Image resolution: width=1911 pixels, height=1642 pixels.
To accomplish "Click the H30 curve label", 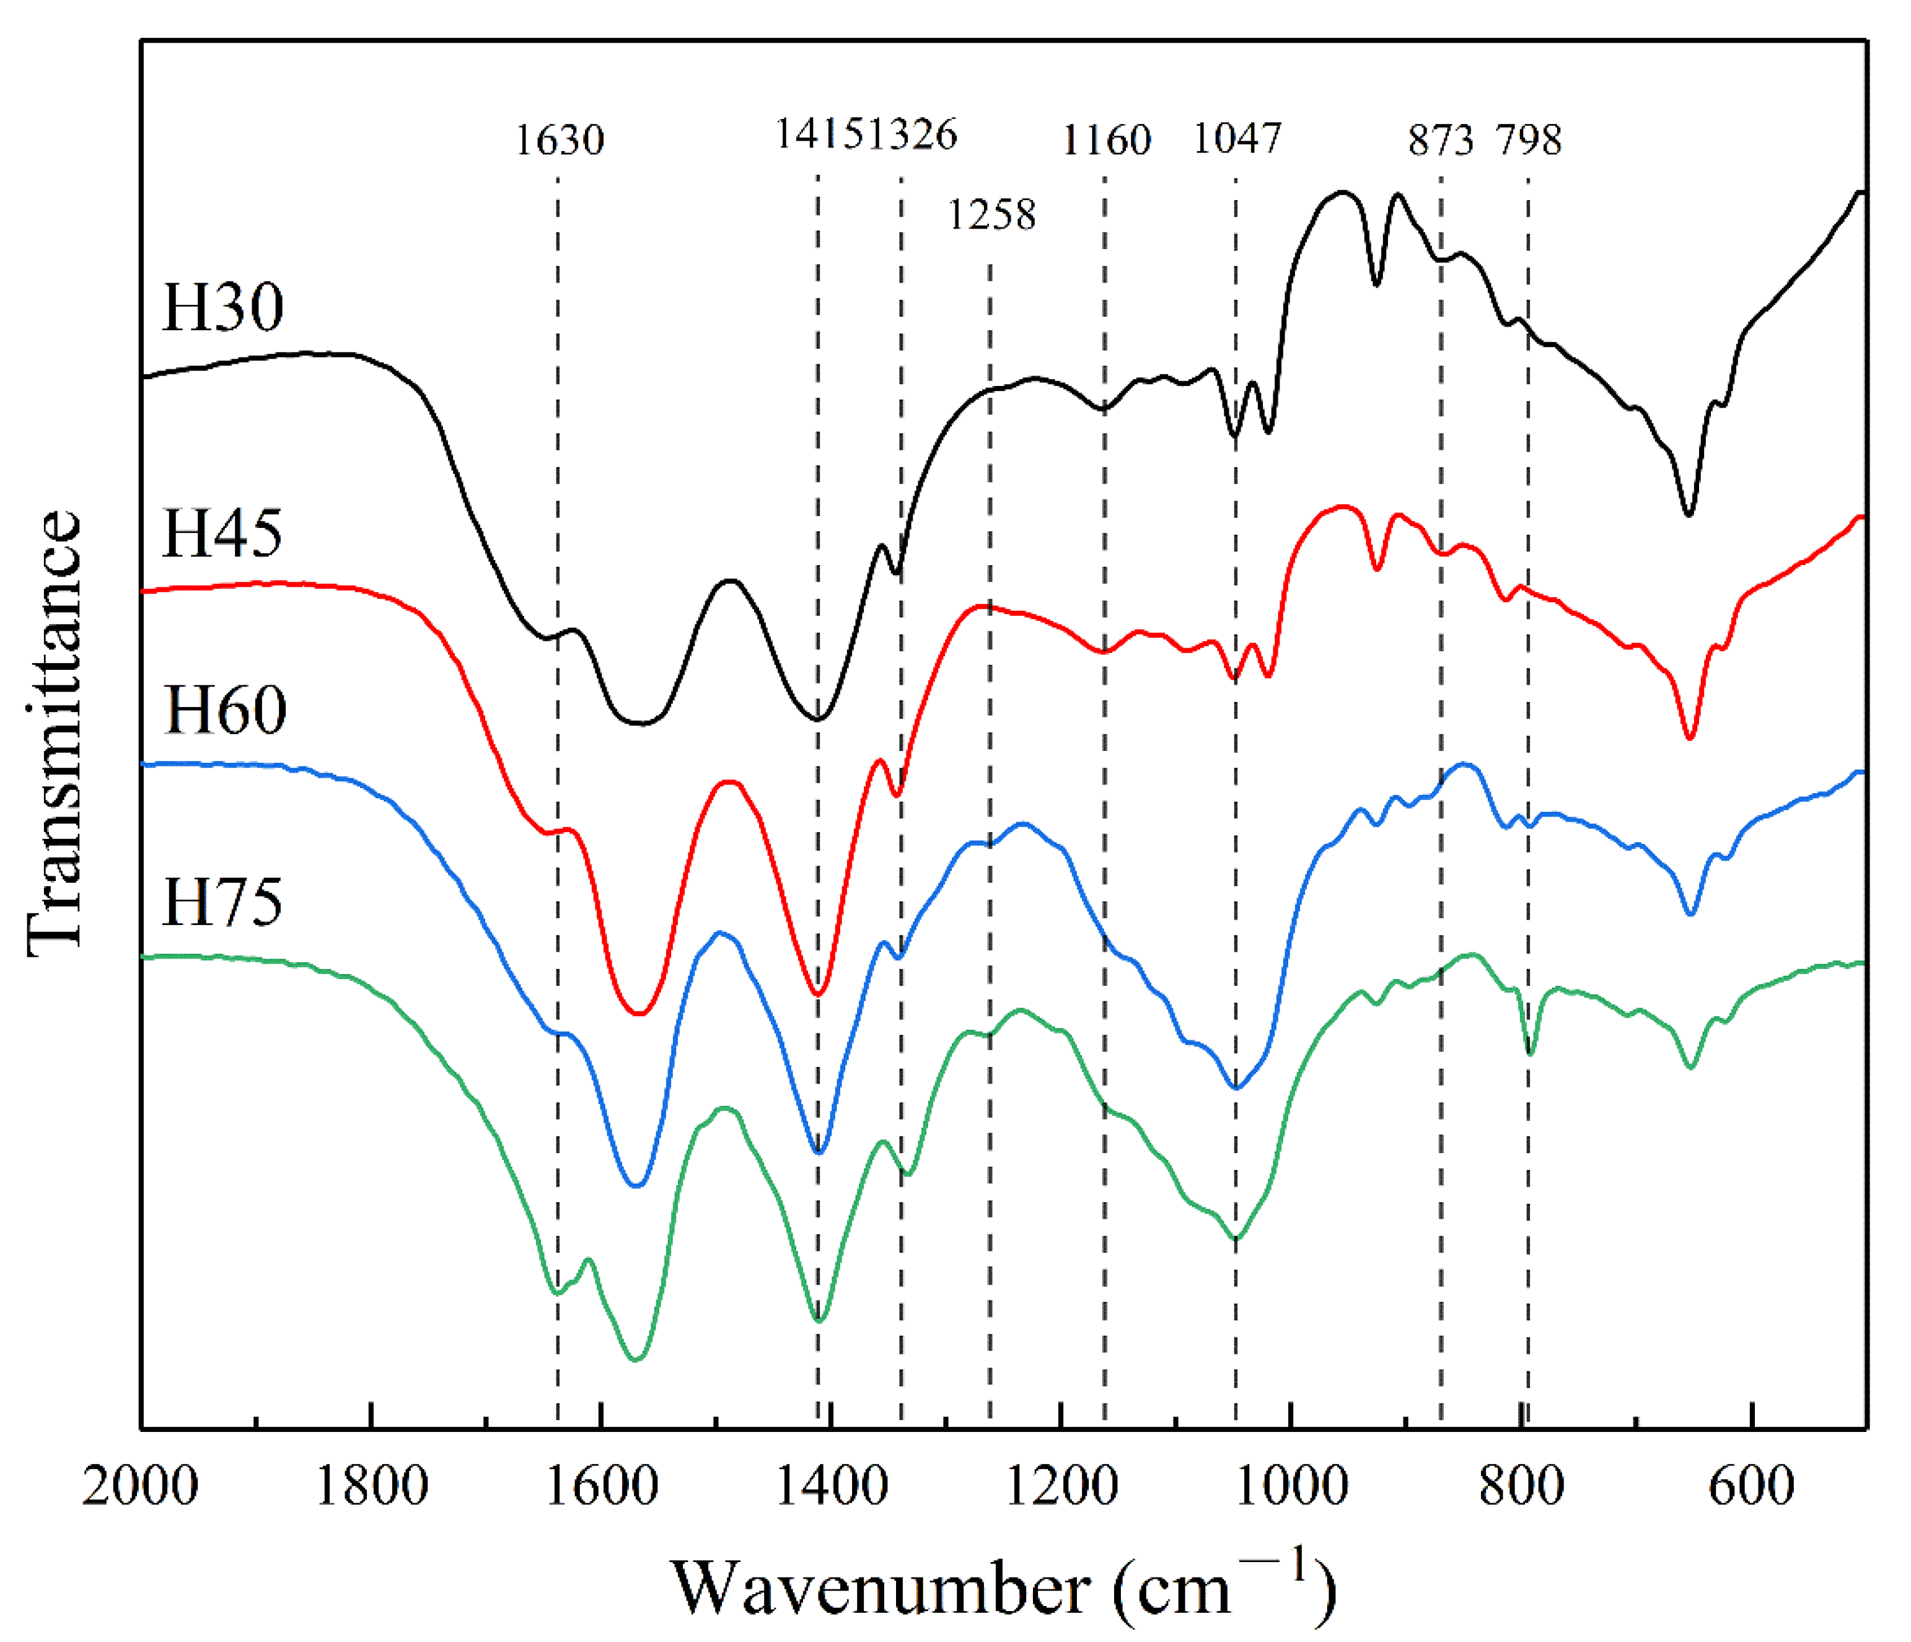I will (222, 308).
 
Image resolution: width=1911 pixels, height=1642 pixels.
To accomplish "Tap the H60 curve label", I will (224, 710).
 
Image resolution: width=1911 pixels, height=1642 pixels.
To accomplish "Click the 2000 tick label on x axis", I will (140, 1488).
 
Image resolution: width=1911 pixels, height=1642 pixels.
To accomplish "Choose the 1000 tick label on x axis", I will (1291, 1488).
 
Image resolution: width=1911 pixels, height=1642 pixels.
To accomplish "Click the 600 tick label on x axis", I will (1751, 1488).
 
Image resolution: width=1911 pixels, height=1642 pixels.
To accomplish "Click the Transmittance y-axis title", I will (53, 734).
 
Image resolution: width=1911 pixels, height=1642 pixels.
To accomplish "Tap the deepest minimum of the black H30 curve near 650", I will (1689, 514).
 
